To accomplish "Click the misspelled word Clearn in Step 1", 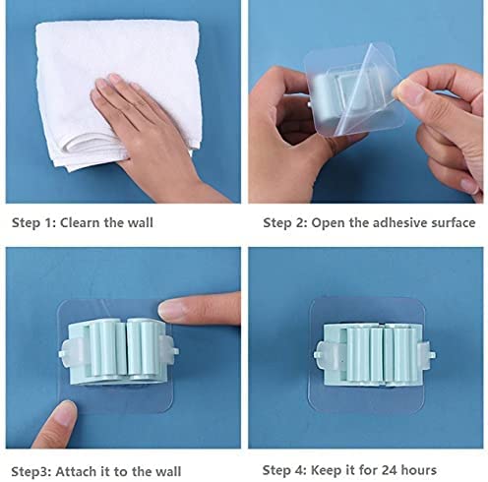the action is click(x=80, y=222).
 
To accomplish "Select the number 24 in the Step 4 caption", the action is click(x=389, y=470).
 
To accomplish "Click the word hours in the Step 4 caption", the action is click(x=419, y=470).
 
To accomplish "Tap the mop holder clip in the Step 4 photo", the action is click(x=374, y=355).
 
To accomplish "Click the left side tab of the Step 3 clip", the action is click(x=69, y=352).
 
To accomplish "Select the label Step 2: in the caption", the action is click(x=285, y=222).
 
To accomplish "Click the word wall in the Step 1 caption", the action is click(x=140, y=222).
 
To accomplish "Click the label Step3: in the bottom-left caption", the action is click(x=31, y=471).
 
